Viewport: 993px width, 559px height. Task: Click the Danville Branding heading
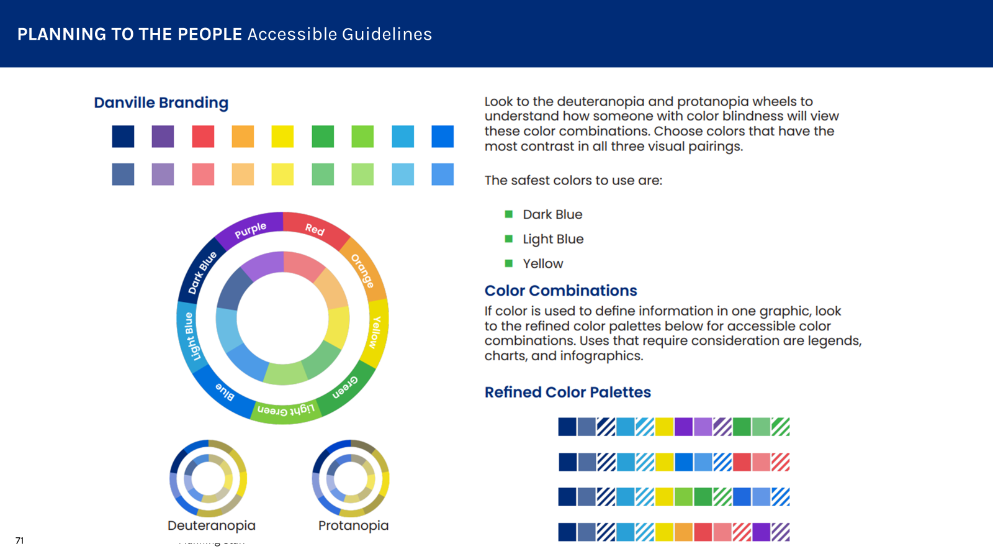(x=161, y=102)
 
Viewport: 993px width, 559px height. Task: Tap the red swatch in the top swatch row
(x=203, y=137)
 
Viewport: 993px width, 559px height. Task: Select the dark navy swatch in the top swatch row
(x=123, y=137)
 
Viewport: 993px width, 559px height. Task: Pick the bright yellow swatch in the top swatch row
(x=282, y=137)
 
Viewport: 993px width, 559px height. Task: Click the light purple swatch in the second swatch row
(x=163, y=175)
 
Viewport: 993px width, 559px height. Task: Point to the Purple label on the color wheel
(x=250, y=230)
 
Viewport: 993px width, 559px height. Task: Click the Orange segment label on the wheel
(x=362, y=270)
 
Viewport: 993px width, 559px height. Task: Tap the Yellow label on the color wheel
(x=375, y=332)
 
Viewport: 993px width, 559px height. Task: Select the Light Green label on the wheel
(x=286, y=410)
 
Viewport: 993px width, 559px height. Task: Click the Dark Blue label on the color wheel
(x=202, y=273)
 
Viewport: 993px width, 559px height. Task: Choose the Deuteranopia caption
(x=211, y=525)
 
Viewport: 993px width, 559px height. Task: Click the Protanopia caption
(x=353, y=525)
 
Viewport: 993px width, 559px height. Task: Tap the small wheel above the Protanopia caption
(x=351, y=478)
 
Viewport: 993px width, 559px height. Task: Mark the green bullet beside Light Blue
(x=509, y=239)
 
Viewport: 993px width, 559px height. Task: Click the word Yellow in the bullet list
(x=542, y=263)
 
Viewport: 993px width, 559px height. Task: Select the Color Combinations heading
(x=560, y=291)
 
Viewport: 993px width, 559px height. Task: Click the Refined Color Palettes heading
(x=567, y=392)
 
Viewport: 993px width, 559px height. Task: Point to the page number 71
(x=19, y=540)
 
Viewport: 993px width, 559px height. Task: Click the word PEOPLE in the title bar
(x=210, y=34)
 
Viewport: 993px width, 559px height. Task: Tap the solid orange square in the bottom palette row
(x=683, y=532)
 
